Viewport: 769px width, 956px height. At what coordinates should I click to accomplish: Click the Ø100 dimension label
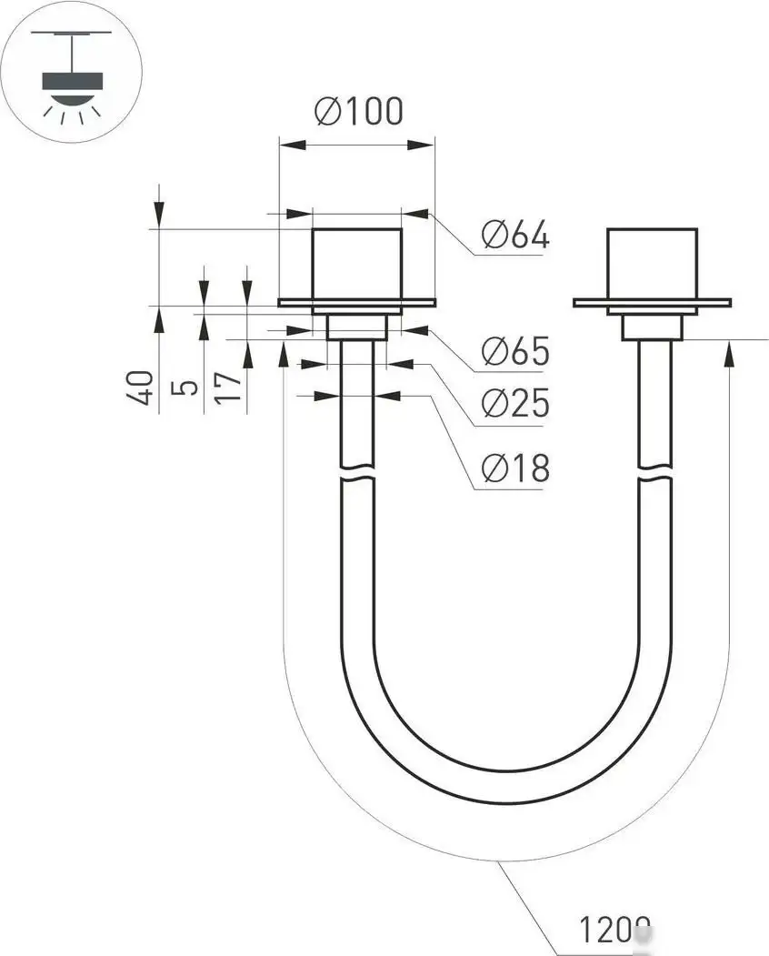tap(358, 111)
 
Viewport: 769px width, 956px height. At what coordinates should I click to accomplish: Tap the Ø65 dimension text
tap(515, 351)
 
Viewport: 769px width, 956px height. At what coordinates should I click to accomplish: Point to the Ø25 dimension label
tap(515, 403)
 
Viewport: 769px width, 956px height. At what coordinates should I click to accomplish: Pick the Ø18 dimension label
tap(515, 468)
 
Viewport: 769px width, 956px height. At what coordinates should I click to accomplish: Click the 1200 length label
tap(616, 931)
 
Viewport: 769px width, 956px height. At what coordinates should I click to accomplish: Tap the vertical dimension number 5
tap(185, 387)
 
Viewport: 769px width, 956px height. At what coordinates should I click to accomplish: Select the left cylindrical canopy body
tap(356, 264)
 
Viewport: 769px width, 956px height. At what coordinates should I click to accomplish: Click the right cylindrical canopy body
tap(652, 264)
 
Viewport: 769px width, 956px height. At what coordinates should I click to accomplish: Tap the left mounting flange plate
tap(356, 302)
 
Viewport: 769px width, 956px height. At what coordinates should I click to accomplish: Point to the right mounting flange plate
tap(652, 302)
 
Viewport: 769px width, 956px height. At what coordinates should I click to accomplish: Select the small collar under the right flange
tap(652, 327)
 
